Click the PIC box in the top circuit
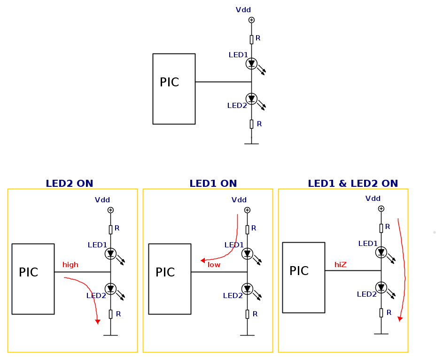(174, 89)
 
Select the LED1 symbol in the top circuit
(251, 63)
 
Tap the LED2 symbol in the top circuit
(251, 99)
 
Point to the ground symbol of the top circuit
(251, 143)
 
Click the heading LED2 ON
(69, 184)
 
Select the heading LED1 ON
(213, 184)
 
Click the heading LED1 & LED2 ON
(353, 184)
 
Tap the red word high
(70, 265)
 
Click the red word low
(214, 265)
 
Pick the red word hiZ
(340, 265)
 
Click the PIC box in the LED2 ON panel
(33, 279)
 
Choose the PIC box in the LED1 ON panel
(170, 279)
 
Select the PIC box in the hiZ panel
(303, 277)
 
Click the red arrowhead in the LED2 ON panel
(98, 322)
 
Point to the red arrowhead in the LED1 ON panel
(202, 260)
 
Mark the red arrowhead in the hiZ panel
(400, 319)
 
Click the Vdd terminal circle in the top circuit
(251, 20)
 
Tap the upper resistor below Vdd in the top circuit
(251, 39)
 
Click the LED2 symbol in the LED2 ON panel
(110, 289)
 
